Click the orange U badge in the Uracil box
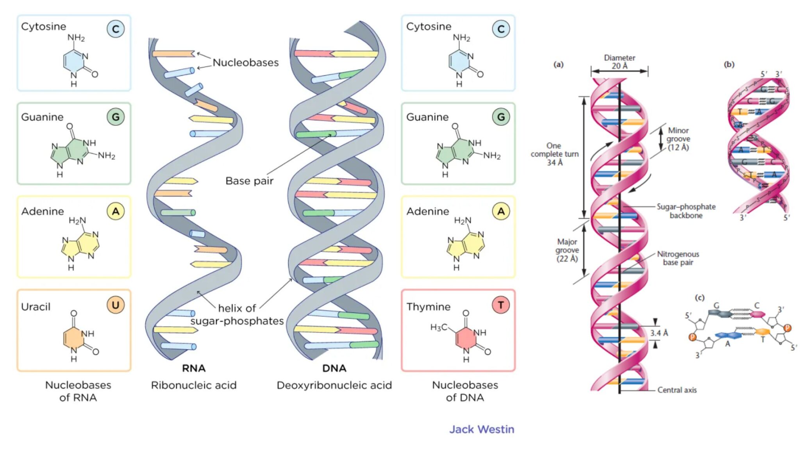click(116, 305)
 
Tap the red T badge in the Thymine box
click(501, 305)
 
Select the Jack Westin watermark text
click(481, 429)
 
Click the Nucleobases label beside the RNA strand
click(246, 62)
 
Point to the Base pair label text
click(249, 181)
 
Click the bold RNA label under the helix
click(194, 368)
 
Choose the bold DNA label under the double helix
click(334, 368)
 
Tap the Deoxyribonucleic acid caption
click(334, 386)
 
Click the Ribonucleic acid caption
click(194, 386)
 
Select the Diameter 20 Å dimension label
click(620, 62)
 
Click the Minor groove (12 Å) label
click(678, 139)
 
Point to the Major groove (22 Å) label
click(567, 250)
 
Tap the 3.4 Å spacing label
click(659, 333)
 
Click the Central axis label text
click(677, 390)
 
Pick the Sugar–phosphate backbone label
click(686, 211)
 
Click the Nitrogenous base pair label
click(678, 258)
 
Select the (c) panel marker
click(699, 298)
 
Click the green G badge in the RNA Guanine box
click(116, 117)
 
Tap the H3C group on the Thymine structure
click(438, 327)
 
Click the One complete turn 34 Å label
click(555, 154)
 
